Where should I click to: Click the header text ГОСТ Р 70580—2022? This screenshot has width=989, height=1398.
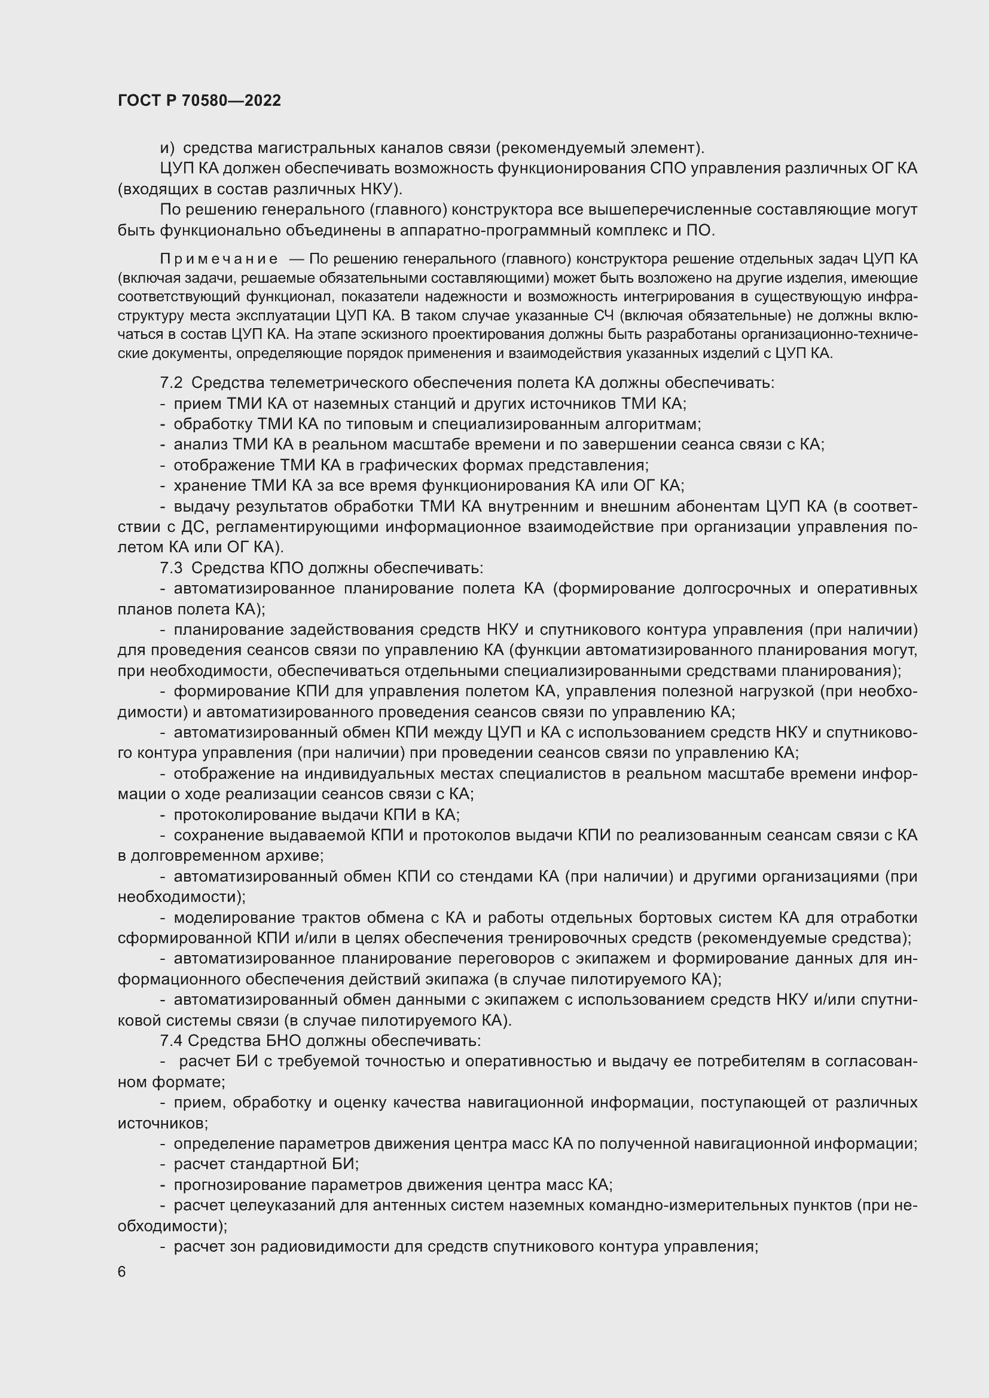(199, 100)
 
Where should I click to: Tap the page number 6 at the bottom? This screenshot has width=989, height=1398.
(122, 1272)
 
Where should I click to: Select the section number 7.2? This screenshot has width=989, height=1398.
(171, 383)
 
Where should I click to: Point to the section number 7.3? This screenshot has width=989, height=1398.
(171, 568)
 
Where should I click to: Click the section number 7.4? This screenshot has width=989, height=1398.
(171, 1041)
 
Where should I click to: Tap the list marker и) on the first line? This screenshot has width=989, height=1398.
(167, 148)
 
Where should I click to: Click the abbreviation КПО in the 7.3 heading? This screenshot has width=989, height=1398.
(286, 568)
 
